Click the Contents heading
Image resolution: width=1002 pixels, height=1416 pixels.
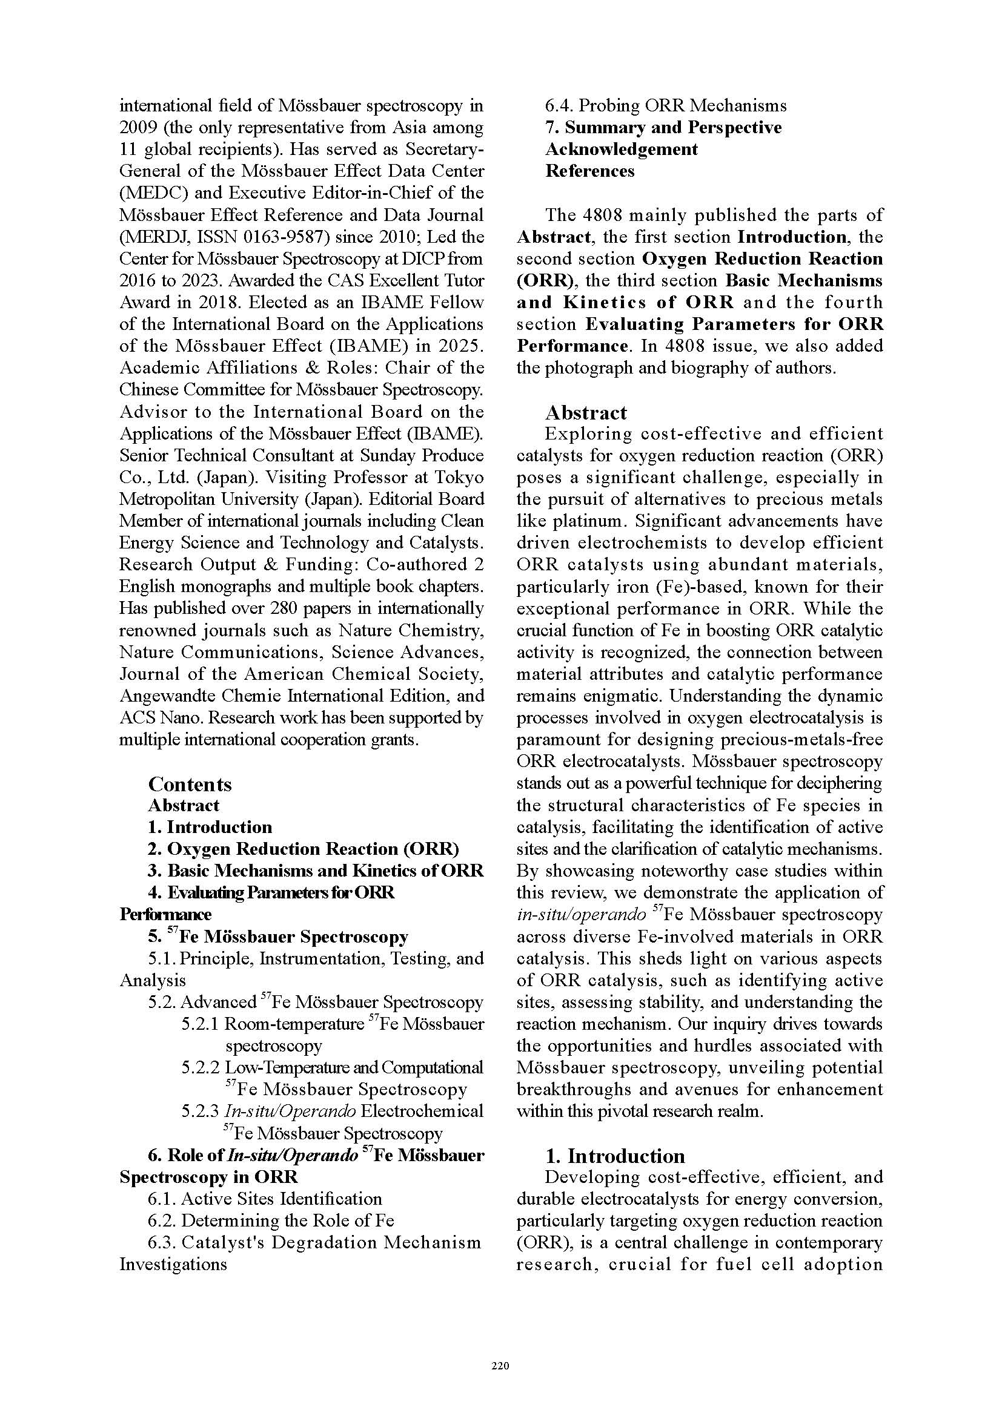tap(190, 785)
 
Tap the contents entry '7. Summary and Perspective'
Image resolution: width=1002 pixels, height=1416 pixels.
tap(663, 128)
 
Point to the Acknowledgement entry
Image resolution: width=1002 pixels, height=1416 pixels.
tap(622, 150)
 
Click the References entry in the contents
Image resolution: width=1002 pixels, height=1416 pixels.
tap(589, 171)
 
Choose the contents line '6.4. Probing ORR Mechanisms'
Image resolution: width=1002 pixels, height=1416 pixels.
tap(666, 105)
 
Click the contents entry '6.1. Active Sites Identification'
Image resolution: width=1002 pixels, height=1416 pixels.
tap(265, 1199)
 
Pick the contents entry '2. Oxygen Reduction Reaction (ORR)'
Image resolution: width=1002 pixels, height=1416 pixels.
tap(303, 849)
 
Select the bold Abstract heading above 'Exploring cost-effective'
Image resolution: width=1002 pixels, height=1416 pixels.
tap(586, 413)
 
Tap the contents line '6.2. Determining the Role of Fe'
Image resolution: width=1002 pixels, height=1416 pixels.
tap(270, 1220)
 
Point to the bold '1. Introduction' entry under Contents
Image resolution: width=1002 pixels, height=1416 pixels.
tap(210, 828)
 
